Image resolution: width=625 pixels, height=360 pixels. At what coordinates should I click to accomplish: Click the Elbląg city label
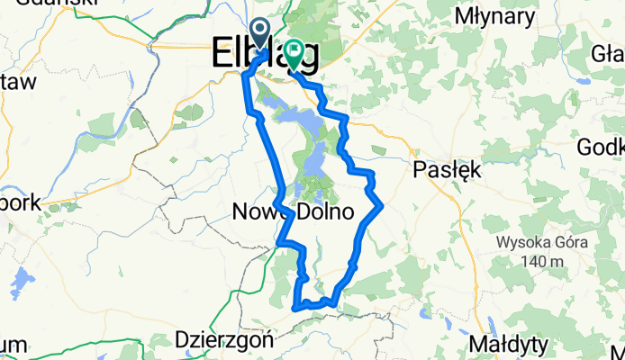(x=266, y=56)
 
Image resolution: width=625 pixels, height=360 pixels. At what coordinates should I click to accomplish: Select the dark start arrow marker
(x=259, y=34)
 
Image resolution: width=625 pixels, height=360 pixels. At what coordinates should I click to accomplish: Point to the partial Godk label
(x=605, y=148)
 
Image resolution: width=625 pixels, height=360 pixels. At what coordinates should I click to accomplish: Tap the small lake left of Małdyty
(x=489, y=326)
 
